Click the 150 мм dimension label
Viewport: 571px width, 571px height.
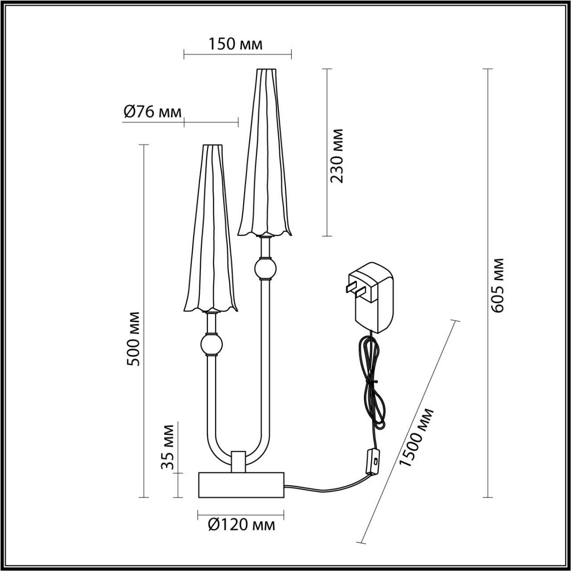pos(235,44)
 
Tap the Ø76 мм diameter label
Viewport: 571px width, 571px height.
pos(152,112)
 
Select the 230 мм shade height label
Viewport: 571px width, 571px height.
pos(337,156)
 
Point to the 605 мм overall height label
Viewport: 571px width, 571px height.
pos(497,285)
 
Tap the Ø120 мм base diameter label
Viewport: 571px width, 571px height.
pos(241,525)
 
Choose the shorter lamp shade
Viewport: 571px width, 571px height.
pos(209,228)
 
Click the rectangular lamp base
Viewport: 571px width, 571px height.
pos(241,484)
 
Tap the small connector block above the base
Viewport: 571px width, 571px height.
pos(238,461)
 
